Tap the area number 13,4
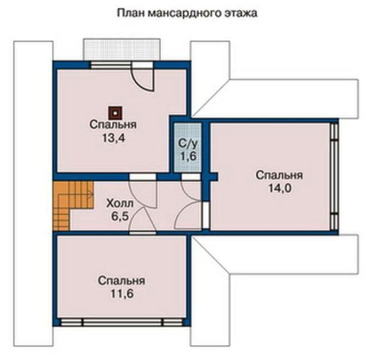point(114,138)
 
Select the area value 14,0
point(280,188)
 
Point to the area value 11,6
point(122,294)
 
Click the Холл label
point(120,203)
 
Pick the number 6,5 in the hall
point(120,216)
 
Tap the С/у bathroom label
point(188,143)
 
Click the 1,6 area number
point(188,156)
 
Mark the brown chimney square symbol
point(115,113)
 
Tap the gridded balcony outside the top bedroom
point(122,50)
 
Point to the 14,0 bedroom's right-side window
point(334,176)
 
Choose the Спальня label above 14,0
point(279,175)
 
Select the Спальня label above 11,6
point(121,281)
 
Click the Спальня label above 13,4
point(113,125)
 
